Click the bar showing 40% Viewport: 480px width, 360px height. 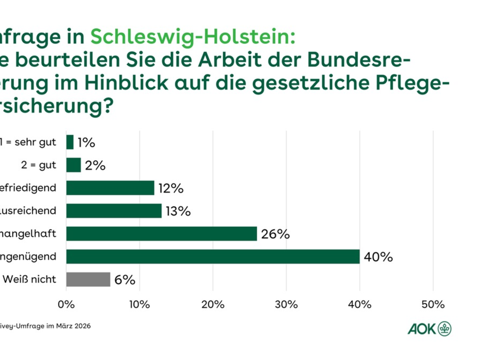click(x=213, y=257)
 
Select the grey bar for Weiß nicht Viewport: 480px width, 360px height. click(x=88, y=280)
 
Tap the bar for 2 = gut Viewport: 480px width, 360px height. click(x=74, y=165)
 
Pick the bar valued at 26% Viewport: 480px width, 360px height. click(x=162, y=234)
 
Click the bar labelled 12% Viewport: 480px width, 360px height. click(x=110, y=188)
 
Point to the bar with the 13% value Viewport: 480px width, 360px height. click(x=114, y=211)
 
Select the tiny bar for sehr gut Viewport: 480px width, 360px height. click(x=70, y=142)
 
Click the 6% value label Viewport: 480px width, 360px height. click(x=125, y=280)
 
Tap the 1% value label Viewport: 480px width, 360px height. click(x=86, y=142)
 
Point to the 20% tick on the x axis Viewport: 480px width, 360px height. click(x=213, y=304)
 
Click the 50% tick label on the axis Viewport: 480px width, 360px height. click(x=433, y=304)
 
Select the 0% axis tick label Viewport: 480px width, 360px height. click(x=66, y=304)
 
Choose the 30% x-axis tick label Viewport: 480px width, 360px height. click(x=286, y=304)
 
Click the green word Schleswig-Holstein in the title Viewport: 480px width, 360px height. click(x=193, y=37)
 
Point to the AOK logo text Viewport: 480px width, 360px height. click(x=422, y=329)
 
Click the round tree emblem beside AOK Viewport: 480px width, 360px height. click(x=444, y=329)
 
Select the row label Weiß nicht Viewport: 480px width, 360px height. click(x=30, y=280)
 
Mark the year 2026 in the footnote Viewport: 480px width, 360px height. click(x=81, y=326)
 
